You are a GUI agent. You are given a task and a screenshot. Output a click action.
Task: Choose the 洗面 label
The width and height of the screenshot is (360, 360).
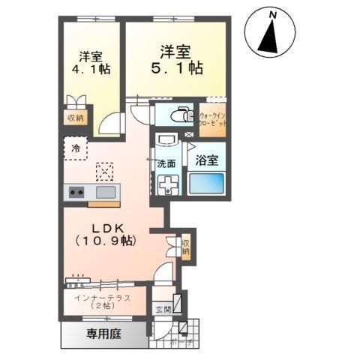pyautogui.click(x=166, y=163)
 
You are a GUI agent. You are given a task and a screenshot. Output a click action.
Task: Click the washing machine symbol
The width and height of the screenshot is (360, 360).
pyautogui.click(x=165, y=184)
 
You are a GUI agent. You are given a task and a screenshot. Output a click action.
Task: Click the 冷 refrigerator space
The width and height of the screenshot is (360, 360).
pyautogui.click(x=75, y=148)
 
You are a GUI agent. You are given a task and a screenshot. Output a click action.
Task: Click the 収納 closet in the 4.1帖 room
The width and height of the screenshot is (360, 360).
pyautogui.click(x=75, y=118)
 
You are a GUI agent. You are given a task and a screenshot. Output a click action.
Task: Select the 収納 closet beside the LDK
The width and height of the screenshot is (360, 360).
pyautogui.click(x=185, y=248)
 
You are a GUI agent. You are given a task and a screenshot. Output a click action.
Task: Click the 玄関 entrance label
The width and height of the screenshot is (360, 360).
pyautogui.click(x=162, y=309)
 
